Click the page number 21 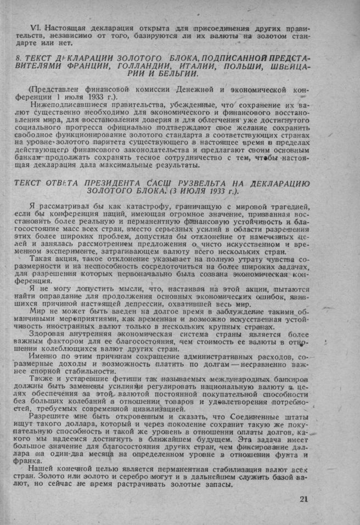click(305, 499)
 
